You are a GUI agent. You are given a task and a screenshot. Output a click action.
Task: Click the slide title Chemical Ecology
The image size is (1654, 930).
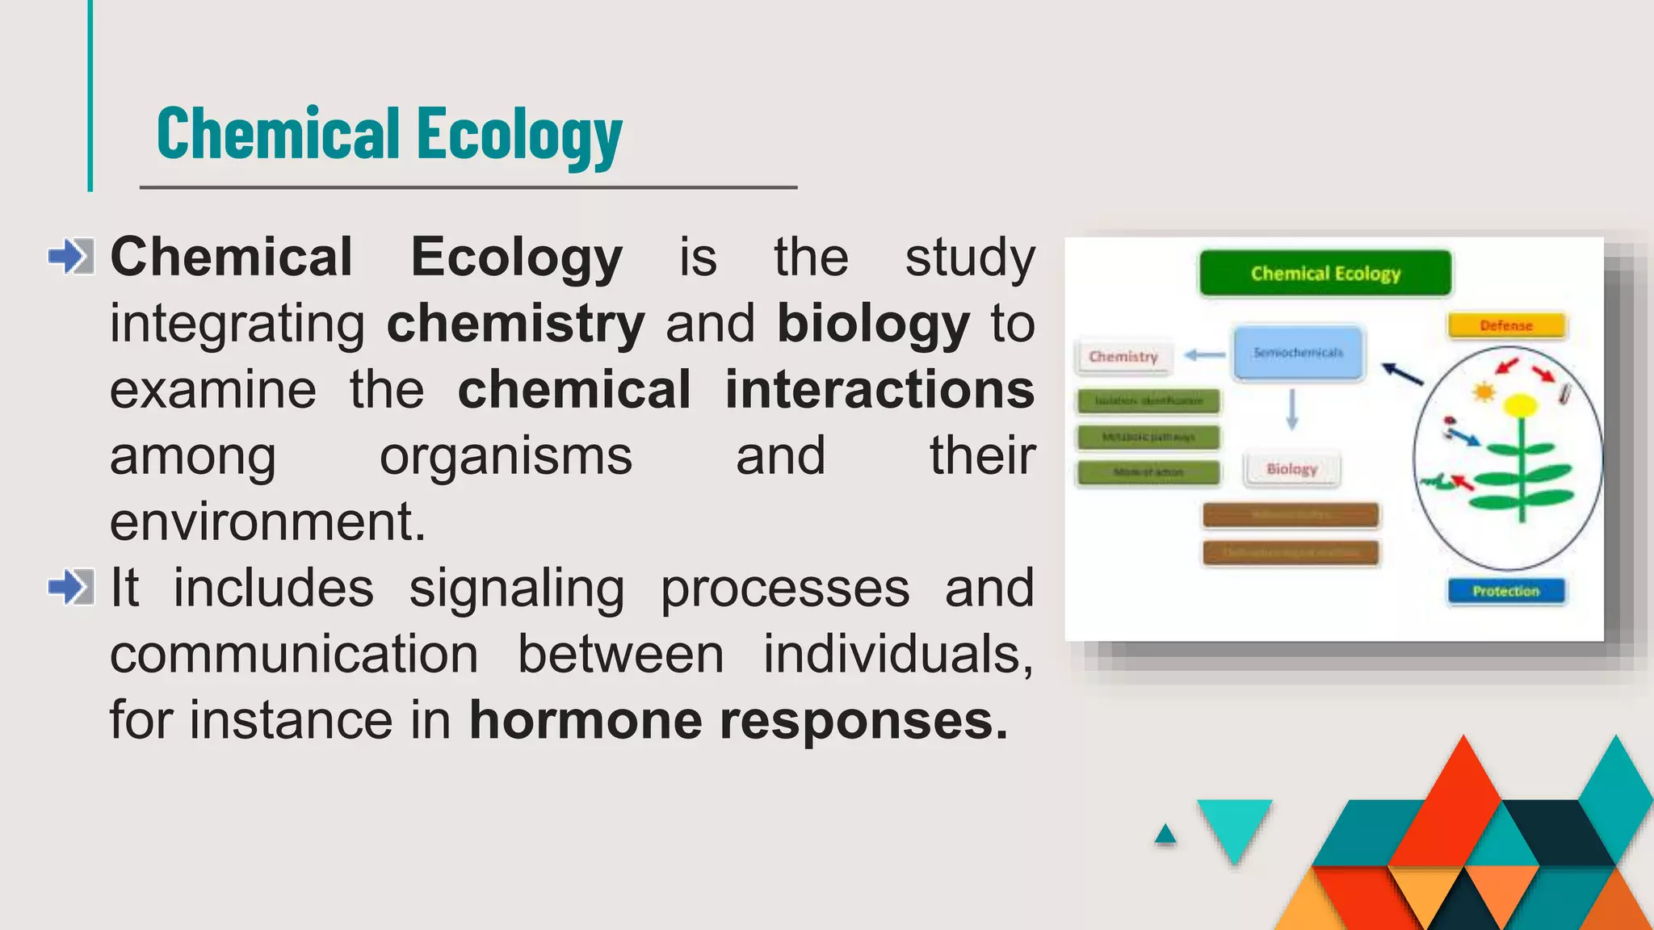[x=389, y=134]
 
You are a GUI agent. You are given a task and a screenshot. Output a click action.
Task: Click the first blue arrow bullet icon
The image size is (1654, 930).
[x=71, y=256]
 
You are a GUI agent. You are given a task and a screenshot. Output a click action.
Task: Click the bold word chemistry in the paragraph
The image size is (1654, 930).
[x=515, y=324]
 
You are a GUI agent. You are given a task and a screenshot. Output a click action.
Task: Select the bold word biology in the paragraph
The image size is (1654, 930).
[x=873, y=324]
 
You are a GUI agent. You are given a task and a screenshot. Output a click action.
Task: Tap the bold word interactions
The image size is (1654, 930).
[x=879, y=390]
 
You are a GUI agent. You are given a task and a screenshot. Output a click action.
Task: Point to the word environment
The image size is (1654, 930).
[x=267, y=522]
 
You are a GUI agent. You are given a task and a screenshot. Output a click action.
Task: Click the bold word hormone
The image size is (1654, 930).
[x=586, y=720]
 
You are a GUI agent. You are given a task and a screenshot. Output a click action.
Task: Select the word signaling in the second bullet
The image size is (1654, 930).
[x=517, y=589]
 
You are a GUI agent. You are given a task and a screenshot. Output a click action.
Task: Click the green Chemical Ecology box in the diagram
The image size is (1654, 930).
[x=1325, y=274]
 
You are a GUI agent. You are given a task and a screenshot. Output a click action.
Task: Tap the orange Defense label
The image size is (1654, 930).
[x=1506, y=325]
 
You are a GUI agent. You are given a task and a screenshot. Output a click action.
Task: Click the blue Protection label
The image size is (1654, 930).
[x=1505, y=591]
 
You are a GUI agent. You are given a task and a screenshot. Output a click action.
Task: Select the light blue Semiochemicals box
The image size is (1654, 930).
[x=1298, y=353]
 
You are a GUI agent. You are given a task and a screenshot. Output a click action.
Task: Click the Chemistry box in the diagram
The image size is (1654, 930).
[x=1123, y=356]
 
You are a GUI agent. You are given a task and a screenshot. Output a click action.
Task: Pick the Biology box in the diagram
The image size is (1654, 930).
[x=1291, y=469]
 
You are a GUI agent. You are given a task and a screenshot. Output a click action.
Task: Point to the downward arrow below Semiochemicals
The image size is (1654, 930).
[x=1291, y=409]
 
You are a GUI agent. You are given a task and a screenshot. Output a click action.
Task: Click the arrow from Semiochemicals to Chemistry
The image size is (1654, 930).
[x=1205, y=354]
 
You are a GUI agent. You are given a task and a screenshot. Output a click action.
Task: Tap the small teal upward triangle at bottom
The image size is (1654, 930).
[x=1165, y=835]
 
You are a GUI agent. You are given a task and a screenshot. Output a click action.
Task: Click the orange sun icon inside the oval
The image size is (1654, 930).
[x=1484, y=392]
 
